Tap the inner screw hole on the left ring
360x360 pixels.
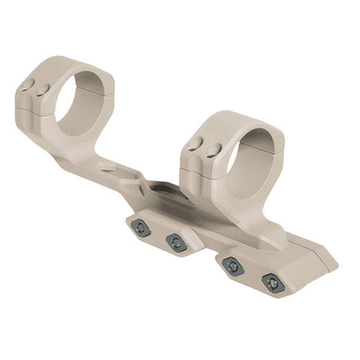(43, 89)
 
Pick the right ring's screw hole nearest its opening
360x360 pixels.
(212, 148)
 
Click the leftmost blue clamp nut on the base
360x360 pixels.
(139, 227)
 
